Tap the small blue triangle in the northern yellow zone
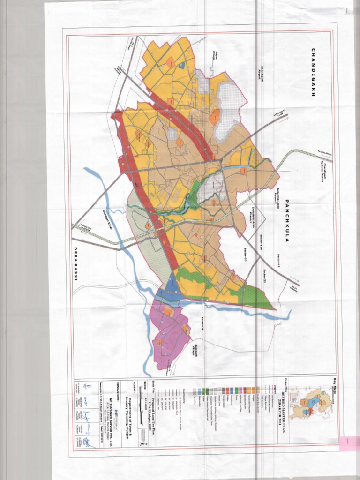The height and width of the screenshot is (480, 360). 181,66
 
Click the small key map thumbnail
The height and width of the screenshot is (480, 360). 310,404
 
